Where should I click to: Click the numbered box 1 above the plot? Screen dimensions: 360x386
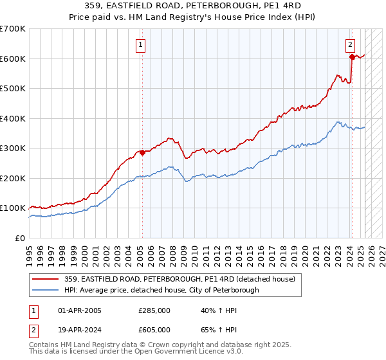140,44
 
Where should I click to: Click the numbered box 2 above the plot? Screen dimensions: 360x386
350,44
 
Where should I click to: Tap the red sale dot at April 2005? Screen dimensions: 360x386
142,152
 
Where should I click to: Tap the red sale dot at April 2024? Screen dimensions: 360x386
352,57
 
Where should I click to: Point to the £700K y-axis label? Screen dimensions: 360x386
13,29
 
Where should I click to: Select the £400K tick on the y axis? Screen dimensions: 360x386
13,118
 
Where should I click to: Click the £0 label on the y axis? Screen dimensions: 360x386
20,238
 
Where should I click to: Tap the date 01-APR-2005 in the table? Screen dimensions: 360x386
80,310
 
